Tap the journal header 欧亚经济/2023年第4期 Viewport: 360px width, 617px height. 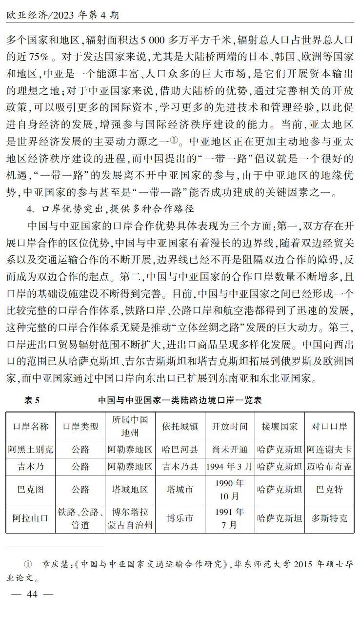click(x=63, y=15)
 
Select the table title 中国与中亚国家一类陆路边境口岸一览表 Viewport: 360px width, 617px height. click(x=180, y=400)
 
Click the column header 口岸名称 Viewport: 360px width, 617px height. click(x=31, y=426)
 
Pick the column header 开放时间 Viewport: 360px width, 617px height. click(x=229, y=426)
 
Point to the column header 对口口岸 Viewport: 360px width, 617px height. click(x=329, y=426)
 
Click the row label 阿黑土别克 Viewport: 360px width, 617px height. click(x=31, y=449)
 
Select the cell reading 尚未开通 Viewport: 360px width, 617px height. click(x=229, y=449)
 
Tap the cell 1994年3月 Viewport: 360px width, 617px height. click(x=229, y=466)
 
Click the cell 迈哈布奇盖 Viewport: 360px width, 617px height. click(x=329, y=466)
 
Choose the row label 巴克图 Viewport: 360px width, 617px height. click(x=31, y=490)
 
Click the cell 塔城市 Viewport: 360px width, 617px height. click(x=180, y=490)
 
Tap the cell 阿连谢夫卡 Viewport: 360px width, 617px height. click(x=329, y=449)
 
